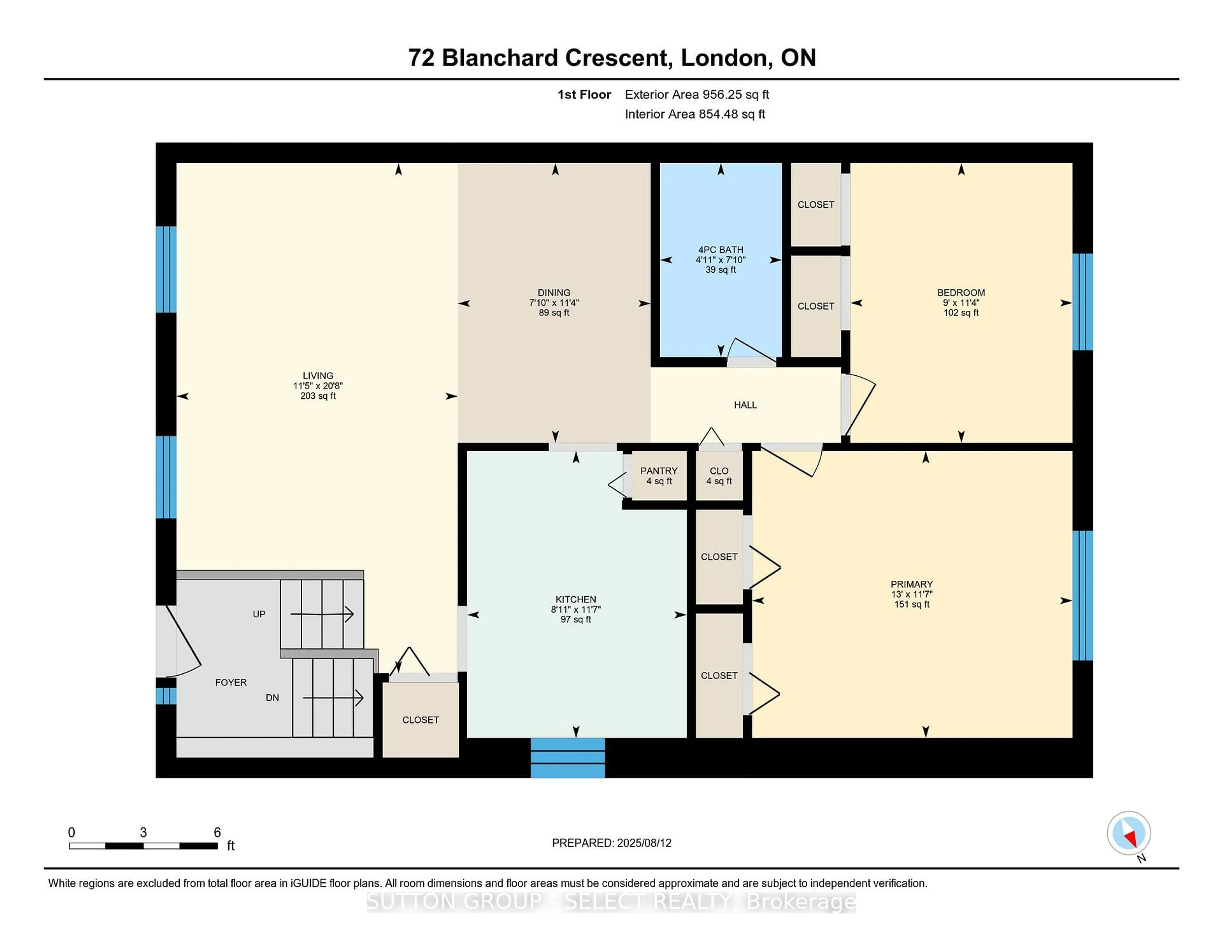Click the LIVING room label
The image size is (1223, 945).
[x=318, y=376]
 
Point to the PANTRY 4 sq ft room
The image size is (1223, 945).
[x=659, y=476]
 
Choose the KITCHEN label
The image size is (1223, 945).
[x=576, y=599]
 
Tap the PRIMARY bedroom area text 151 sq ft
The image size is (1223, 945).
[x=912, y=604]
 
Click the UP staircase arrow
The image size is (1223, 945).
[x=322, y=614]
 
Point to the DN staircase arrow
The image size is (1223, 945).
[x=333, y=698]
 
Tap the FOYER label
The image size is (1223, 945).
[x=231, y=682]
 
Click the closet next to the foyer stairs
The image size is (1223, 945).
[x=420, y=719]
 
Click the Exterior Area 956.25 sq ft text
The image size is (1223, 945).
[x=697, y=95]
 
